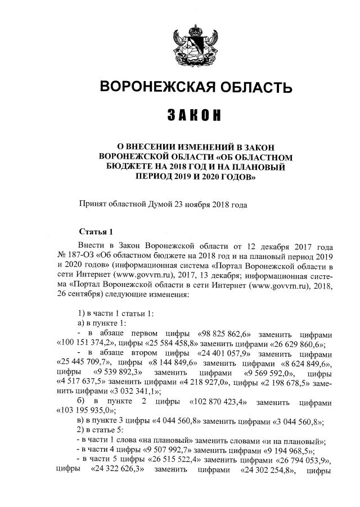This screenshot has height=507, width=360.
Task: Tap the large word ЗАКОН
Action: click(195, 115)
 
